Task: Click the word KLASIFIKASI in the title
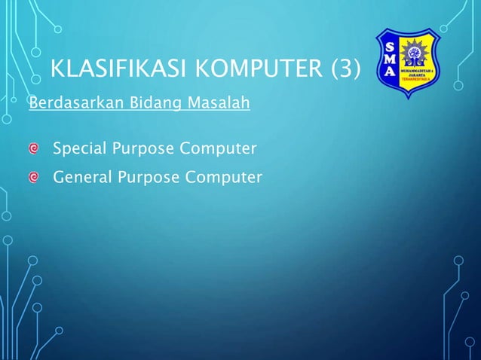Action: (111, 72)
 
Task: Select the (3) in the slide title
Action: (342, 72)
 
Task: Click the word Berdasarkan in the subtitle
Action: (65, 102)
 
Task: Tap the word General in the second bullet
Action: (81, 177)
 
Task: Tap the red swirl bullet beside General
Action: (34, 178)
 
